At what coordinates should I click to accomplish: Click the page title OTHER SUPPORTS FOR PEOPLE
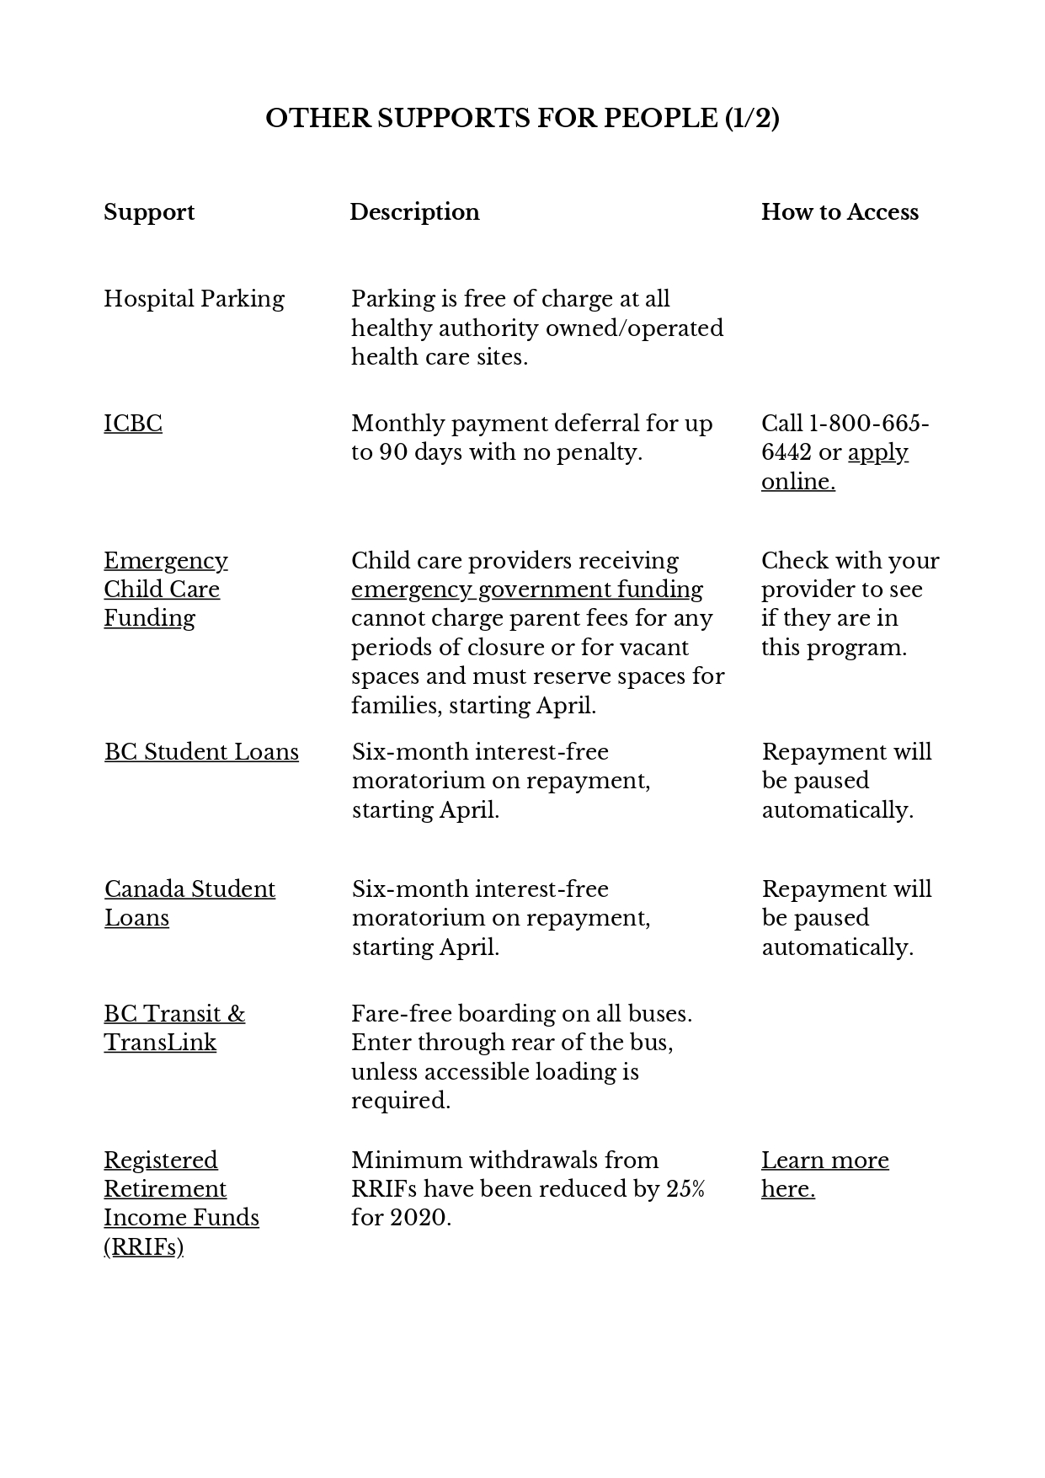tap(522, 118)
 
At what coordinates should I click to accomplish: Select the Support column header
tap(149, 212)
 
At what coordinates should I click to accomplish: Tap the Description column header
tap(414, 212)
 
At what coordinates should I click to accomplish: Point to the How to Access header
tap(840, 212)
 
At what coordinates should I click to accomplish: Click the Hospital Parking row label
tap(194, 299)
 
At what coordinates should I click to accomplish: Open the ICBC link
tap(133, 423)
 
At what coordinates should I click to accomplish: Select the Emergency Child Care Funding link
tap(165, 590)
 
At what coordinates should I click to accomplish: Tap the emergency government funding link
tap(527, 590)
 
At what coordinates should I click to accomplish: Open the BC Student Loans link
tap(201, 752)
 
